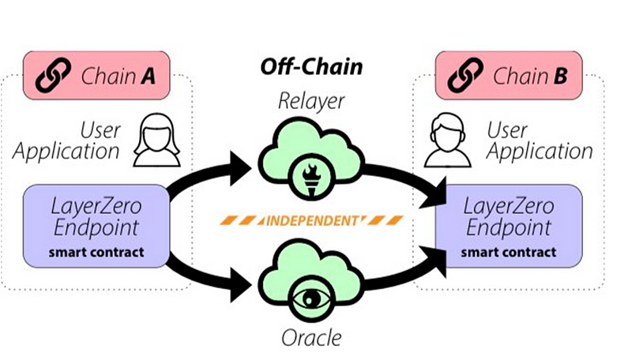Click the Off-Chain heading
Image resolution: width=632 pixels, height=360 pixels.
click(312, 66)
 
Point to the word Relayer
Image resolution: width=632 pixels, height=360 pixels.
click(312, 102)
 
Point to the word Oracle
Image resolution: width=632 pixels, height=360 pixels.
click(312, 338)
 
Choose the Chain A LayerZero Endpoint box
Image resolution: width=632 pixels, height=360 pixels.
click(98, 226)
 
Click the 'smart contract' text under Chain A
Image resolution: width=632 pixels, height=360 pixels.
click(98, 253)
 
